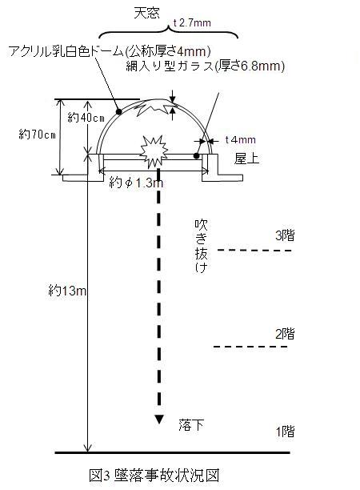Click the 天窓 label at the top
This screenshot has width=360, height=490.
coord(146,13)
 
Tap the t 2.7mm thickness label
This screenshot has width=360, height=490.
coord(192,22)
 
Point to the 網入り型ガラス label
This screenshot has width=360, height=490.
coord(170,66)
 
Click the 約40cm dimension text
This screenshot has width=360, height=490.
coord(86,118)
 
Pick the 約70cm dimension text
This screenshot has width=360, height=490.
coord(37,135)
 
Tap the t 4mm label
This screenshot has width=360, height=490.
coord(240,139)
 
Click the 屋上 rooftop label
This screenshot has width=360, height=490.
coord(246,159)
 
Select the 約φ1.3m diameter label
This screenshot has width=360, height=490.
coord(136,183)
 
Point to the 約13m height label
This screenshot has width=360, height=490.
coord(67,291)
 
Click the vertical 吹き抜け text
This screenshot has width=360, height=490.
coord(201,247)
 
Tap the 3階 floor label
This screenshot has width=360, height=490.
coord(285,235)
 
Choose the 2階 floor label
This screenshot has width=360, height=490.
coord(285,334)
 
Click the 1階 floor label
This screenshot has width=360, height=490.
coord(285,432)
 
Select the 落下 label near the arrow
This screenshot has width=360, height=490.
coord(191,425)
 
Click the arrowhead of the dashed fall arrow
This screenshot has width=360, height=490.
coord(159,420)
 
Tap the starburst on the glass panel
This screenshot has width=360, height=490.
coord(154,152)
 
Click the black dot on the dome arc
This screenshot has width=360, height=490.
coord(118,111)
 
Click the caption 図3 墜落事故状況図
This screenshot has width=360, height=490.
coord(154,476)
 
